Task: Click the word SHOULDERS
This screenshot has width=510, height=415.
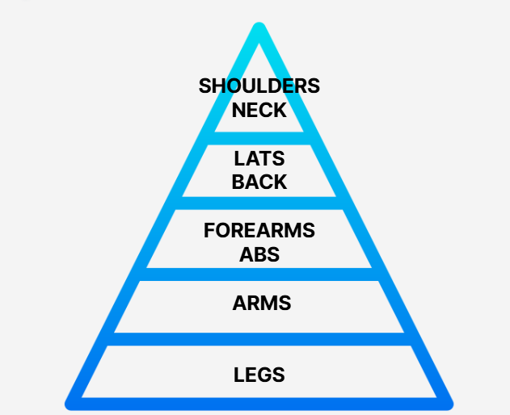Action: click(x=259, y=86)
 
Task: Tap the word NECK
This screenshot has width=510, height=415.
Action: click(x=259, y=110)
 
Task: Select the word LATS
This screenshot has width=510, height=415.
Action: click(x=259, y=158)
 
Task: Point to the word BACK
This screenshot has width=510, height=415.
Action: click(x=259, y=182)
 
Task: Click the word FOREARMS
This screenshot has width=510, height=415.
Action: click(x=259, y=230)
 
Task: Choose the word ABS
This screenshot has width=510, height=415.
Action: click(x=259, y=254)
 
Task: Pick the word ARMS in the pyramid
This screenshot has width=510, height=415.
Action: click(x=262, y=303)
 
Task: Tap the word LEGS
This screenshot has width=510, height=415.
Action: click(x=259, y=375)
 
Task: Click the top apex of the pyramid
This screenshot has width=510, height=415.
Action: click(x=259, y=23)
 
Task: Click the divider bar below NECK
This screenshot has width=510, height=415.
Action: click(x=259, y=138)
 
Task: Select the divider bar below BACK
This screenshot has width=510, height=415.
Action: click(x=259, y=203)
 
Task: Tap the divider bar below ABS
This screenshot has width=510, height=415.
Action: click(x=259, y=275)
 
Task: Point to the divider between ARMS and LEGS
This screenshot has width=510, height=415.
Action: click(x=259, y=339)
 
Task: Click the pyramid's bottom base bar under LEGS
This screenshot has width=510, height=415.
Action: click(x=259, y=404)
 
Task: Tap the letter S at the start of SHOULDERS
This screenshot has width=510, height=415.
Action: click(x=205, y=86)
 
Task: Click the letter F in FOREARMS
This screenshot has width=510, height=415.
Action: click(x=209, y=230)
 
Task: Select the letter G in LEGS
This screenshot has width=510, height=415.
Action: click(x=265, y=375)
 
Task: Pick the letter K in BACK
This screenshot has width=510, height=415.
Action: click(x=280, y=182)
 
